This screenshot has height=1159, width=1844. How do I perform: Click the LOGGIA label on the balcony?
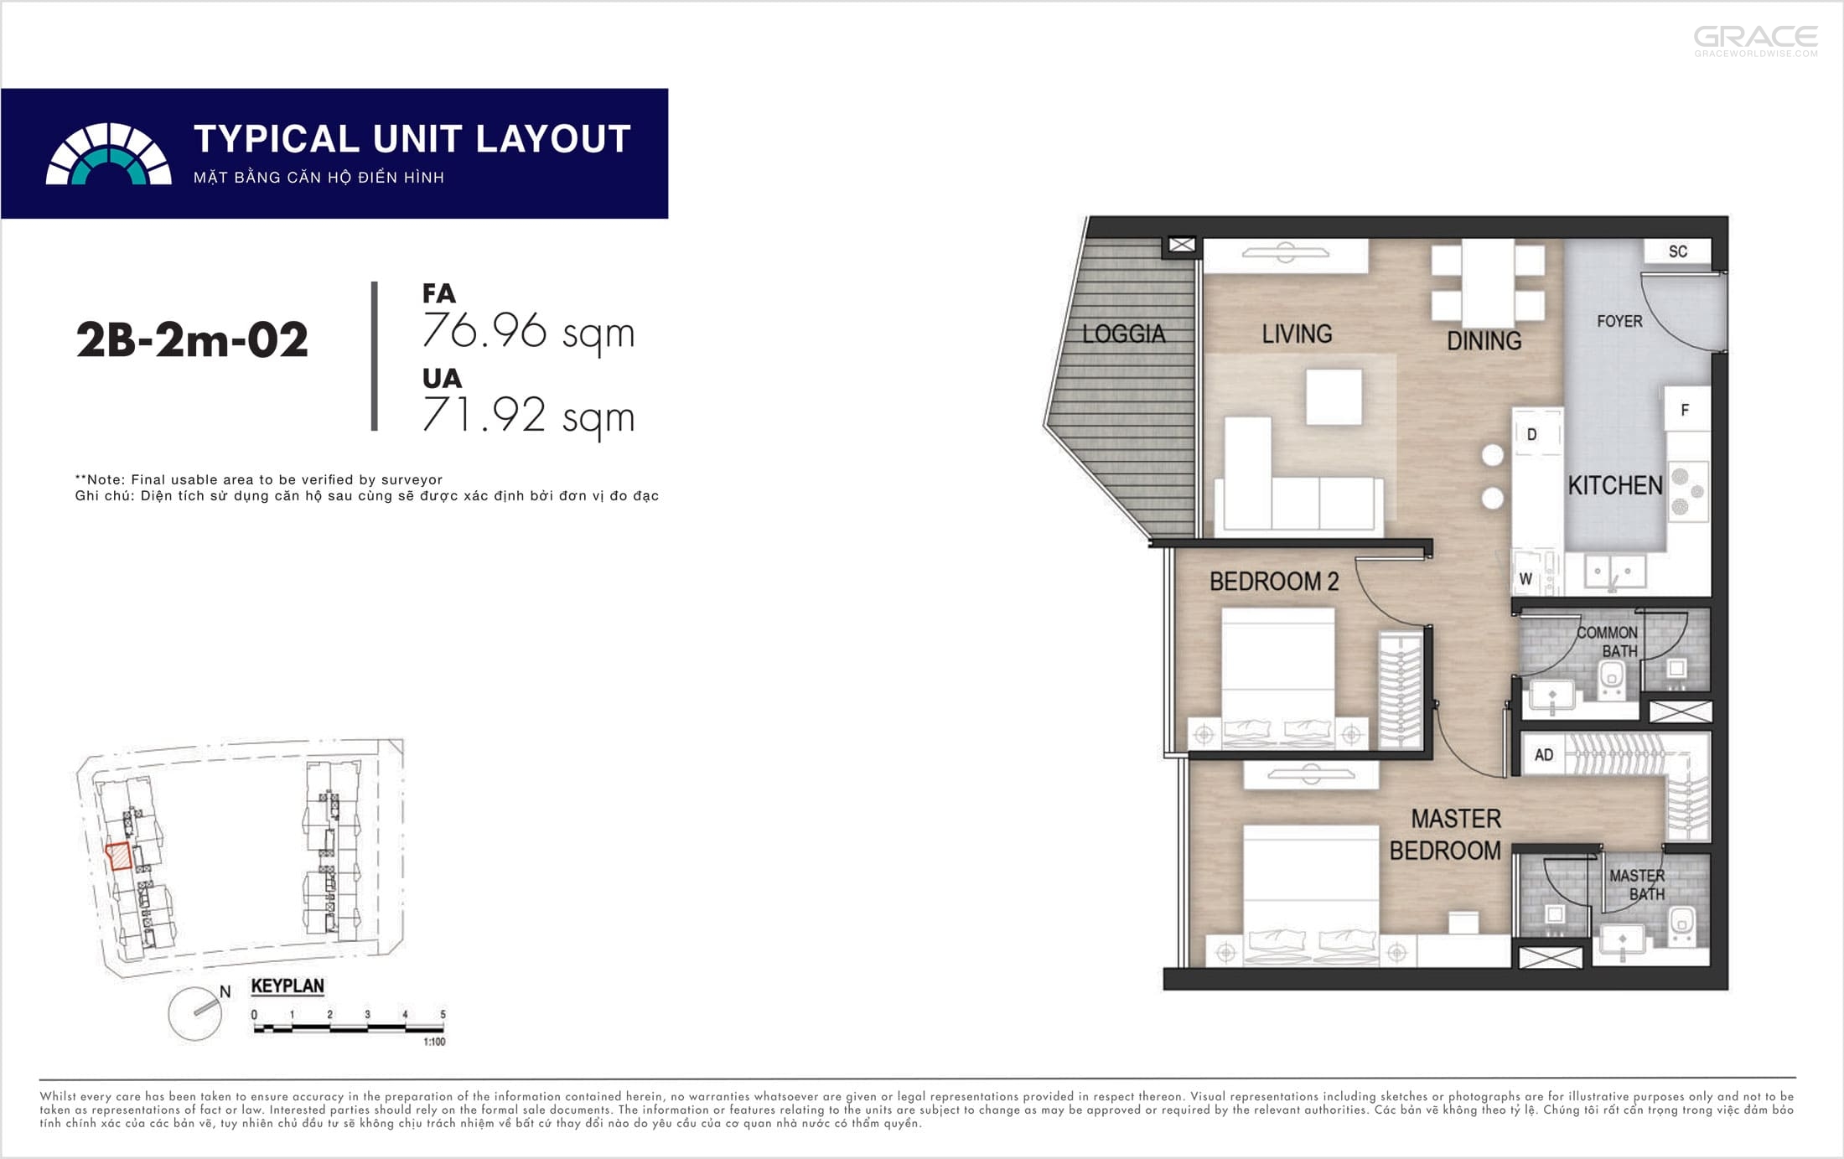tap(1123, 334)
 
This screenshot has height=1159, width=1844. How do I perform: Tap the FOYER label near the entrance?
tap(1619, 321)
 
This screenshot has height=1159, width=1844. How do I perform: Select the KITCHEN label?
tap(1615, 485)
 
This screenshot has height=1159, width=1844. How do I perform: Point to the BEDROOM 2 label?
tap(1274, 581)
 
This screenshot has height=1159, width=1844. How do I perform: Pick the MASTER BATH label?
tap(1637, 885)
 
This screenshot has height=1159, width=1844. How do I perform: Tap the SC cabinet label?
tap(1677, 251)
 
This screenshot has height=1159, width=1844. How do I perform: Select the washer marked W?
tap(1526, 578)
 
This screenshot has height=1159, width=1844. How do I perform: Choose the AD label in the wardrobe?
tap(1543, 755)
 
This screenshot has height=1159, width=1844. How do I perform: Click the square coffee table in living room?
tap(1334, 397)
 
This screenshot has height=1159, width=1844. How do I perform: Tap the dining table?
tap(1488, 282)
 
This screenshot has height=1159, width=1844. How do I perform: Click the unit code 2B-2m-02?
tap(192, 340)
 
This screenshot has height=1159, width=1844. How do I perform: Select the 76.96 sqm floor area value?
tap(528, 332)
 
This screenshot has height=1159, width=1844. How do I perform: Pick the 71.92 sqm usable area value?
tap(528, 416)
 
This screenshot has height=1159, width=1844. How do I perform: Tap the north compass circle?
tap(194, 1014)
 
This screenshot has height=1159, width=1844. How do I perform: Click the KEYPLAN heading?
tap(287, 986)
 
